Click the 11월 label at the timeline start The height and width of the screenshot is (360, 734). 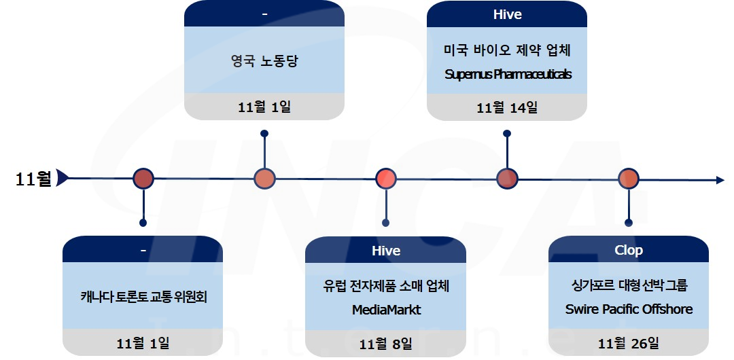coord(33,179)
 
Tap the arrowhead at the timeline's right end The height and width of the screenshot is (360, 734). coord(720,180)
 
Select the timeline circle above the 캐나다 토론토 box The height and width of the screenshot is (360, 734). coord(143,179)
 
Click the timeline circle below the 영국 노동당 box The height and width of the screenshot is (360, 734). coord(264,179)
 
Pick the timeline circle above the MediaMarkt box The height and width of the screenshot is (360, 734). coord(385,179)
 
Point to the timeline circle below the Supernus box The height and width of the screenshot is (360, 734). coord(507,179)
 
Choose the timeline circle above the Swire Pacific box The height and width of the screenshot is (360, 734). coord(628,179)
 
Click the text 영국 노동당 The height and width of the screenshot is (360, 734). coord(264,61)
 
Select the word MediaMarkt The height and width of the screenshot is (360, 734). coord(386,310)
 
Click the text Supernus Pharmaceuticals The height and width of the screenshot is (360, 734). coord(508,74)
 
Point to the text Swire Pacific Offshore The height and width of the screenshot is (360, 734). coord(629,309)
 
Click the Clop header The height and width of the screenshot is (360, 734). coord(629,250)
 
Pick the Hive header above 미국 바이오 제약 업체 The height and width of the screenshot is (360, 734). coord(507,14)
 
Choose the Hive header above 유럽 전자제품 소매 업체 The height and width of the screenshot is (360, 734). coord(386,251)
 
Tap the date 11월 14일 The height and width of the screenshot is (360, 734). coord(507,107)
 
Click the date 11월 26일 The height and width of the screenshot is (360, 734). coord(629,343)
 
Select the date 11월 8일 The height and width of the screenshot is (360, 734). coord(386,343)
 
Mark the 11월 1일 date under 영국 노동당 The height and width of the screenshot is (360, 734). coord(264,107)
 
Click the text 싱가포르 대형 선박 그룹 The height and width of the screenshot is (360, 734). coord(629,286)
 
